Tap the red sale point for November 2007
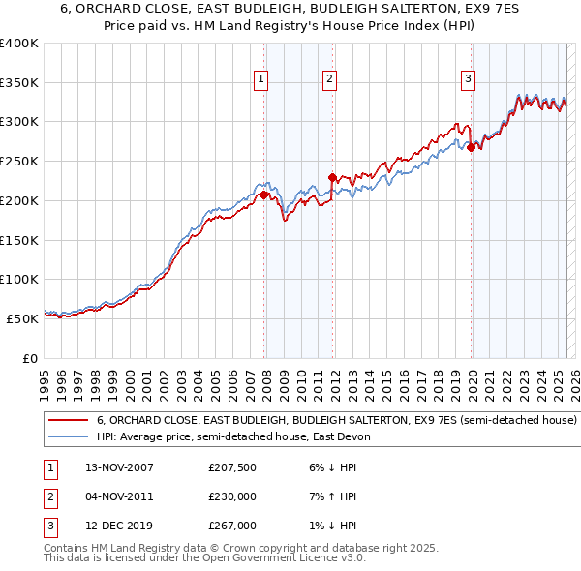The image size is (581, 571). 263,195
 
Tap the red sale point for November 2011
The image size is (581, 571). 332,177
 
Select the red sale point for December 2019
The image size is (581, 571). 472,148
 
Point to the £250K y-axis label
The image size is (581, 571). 18,161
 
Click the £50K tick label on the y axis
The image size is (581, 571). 22,317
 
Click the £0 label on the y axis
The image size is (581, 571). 30,357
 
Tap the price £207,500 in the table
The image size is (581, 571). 232,467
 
